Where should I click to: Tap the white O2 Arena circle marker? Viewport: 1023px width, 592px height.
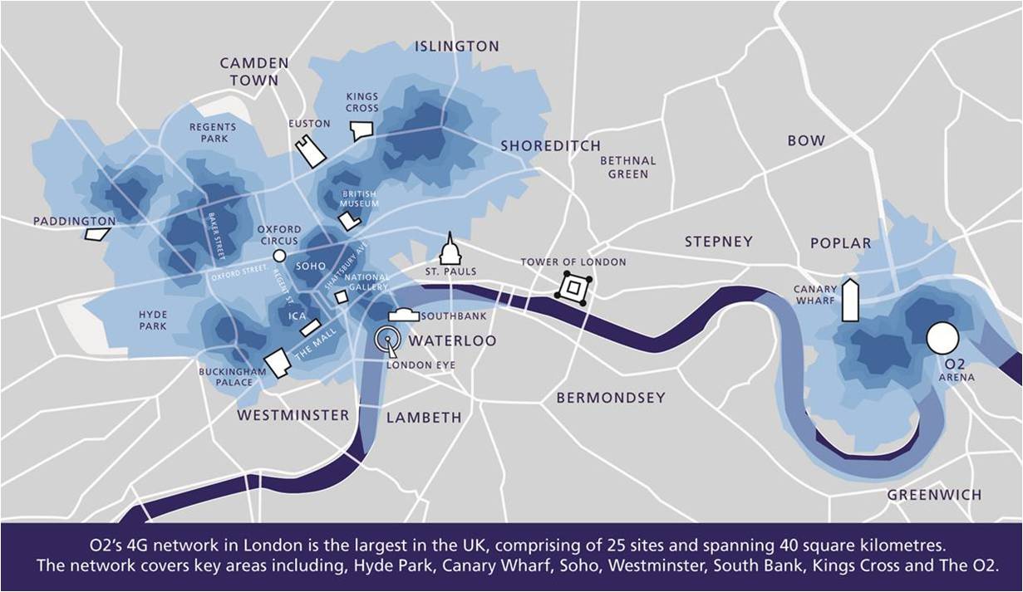coord(942,338)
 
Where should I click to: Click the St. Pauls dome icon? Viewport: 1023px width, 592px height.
coord(450,249)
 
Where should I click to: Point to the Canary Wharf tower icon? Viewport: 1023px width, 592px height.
coord(849,301)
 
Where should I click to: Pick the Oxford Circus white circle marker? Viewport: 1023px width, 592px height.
coord(279,256)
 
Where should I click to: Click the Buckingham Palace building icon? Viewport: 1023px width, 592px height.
coord(277,362)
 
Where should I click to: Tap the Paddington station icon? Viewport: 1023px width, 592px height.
coord(97,234)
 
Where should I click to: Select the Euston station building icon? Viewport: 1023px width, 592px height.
coord(312,152)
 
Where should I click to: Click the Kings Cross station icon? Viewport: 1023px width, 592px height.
coord(361,130)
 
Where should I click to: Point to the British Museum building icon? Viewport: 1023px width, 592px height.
coord(349,221)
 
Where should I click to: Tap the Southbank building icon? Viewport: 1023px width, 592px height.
coord(404,315)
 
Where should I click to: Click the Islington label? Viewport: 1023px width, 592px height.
coord(457,46)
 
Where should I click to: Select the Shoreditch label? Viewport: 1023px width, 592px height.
coord(550,146)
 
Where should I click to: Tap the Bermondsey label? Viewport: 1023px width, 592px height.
coord(611,398)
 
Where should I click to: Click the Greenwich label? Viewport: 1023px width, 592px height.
coord(934,495)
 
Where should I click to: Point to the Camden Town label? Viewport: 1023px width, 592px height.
coord(254,71)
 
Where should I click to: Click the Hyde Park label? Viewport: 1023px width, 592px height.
coord(153,320)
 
